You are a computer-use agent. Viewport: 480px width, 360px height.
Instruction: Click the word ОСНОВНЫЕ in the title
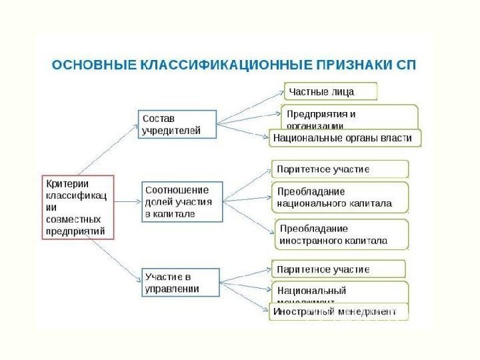[x=93, y=65]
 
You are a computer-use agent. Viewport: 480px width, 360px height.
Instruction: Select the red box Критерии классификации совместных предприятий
[x=78, y=207]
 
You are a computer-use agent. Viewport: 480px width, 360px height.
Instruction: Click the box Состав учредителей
[x=177, y=124]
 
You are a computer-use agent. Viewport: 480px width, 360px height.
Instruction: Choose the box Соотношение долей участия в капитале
[x=182, y=201]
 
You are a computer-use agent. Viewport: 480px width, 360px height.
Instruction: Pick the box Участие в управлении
[x=181, y=282]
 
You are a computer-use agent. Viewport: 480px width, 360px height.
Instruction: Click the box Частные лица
[x=331, y=91]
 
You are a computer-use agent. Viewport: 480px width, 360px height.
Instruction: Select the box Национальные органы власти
[x=345, y=138]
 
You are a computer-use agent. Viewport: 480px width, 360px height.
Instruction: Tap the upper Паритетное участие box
[x=340, y=169]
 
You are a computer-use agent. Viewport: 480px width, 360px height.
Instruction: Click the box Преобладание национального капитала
[x=340, y=197]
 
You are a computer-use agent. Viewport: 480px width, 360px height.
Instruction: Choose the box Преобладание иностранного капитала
[x=341, y=234]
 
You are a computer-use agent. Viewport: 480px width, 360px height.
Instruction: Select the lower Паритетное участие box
[x=338, y=269]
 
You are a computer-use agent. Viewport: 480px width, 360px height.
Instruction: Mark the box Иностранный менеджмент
[x=339, y=311]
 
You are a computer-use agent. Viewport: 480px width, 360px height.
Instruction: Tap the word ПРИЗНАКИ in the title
[x=352, y=65]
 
